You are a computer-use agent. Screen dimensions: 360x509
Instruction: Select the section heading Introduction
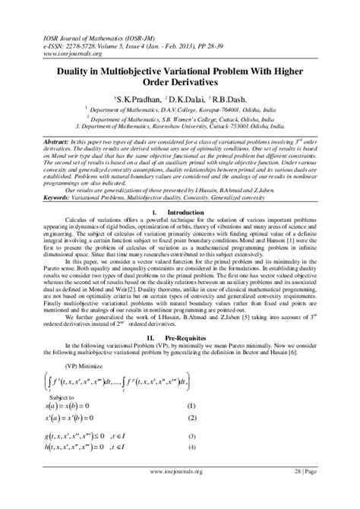tap(189, 211)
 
